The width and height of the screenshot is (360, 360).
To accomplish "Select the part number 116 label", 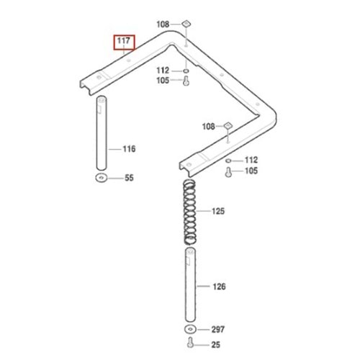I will pyautogui.click(x=128, y=149).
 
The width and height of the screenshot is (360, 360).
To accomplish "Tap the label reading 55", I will pyautogui.click(x=130, y=176).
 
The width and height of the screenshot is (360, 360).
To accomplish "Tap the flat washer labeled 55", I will pyautogui.click(x=99, y=176).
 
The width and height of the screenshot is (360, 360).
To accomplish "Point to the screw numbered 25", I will pyautogui.click(x=190, y=344).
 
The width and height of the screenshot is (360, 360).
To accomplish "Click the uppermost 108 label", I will pyautogui.click(x=163, y=24).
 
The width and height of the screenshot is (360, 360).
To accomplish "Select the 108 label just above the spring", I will pyautogui.click(x=209, y=127).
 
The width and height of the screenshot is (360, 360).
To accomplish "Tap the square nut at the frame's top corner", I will pyautogui.click(x=186, y=24).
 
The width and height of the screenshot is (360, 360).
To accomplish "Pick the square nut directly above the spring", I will pyautogui.click(x=228, y=126).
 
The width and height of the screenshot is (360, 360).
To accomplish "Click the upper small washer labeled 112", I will pyautogui.click(x=186, y=71).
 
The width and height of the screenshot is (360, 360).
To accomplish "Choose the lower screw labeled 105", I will pyautogui.click(x=228, y=171).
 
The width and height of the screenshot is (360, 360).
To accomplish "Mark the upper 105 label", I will pyautogui.click(x=163, y=81).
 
